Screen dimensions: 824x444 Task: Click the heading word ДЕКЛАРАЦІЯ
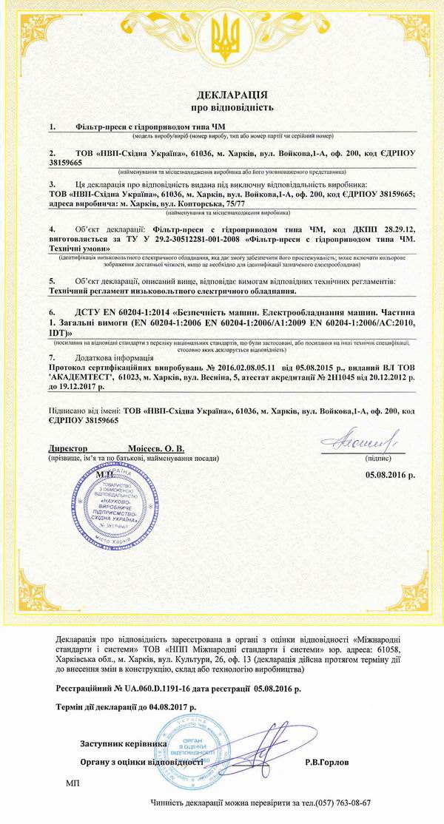[x=232, y=96]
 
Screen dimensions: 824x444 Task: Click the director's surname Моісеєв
[x=136, y=448]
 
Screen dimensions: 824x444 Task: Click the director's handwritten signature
[x=363, y=442]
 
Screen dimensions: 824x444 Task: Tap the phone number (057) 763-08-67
[x=343, y=803]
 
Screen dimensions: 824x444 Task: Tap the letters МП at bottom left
[x=72, y=783]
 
